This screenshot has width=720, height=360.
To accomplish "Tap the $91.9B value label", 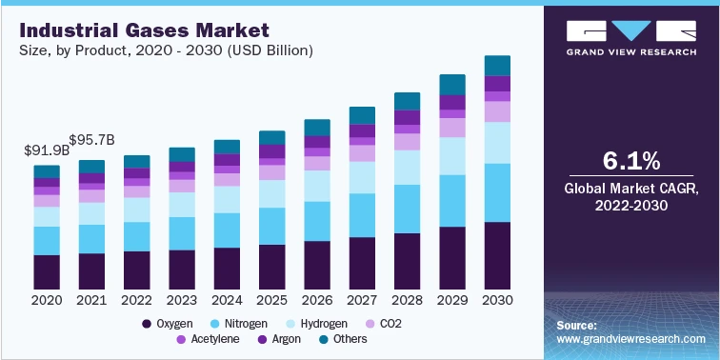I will pyautogui.click(x=46, y=150).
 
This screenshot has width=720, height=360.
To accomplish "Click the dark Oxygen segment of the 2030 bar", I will pyautogui.click(x=497, y=255).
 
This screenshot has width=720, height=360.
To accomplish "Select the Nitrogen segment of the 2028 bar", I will pyautogui.click(x=407, y=208).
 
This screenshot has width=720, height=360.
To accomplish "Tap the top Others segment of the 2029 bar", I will pyautogui.click(x=451, y=84).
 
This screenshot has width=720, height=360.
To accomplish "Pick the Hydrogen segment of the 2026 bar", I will pyautogui.click(x=316, y=185).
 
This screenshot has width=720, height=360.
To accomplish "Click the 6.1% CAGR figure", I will pyautogui.click(x=632, y=159).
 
